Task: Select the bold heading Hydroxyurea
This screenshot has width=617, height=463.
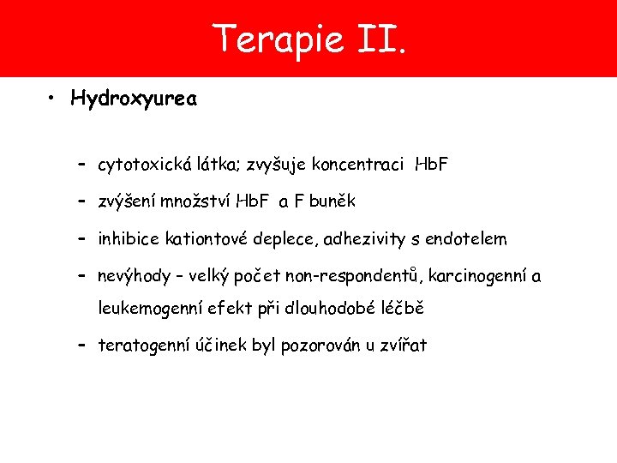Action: click(x=135, y=99)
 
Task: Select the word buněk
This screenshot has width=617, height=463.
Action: click(x=332, y=201)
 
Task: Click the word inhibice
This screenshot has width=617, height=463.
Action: click(x=127, y=239)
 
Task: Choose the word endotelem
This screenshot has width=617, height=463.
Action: click(x=470, y=239)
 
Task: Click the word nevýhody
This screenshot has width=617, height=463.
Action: click(x=135, y=277)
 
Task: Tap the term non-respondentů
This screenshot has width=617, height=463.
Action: click(x=349, y=277)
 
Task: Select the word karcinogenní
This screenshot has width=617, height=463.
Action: click(x=481, y=277)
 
